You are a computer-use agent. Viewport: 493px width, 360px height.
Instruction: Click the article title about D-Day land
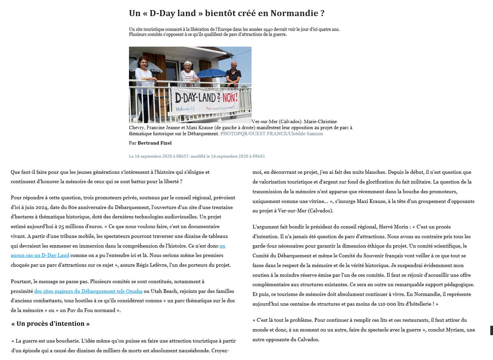227,13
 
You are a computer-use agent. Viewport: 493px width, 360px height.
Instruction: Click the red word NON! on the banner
230,98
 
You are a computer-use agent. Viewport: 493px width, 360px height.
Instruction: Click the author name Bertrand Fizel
154,143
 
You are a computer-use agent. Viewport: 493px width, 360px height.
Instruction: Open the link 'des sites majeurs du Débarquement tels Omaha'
88,291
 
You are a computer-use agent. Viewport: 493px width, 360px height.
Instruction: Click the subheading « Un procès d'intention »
50,324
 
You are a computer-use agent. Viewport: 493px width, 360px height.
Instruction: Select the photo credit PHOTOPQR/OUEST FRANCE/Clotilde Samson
271,134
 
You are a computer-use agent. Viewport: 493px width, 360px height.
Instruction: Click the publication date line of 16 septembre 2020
197,156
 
